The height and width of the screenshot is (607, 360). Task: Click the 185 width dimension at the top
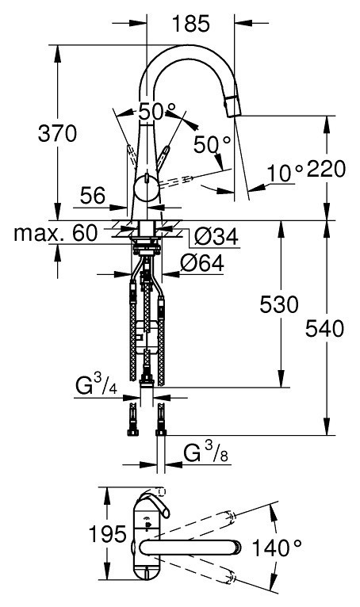coord(190,24)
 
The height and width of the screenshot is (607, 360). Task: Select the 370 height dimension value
coord(57,134)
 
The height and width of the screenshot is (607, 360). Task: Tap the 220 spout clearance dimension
coord(326,169)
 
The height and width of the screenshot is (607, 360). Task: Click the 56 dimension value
coord(93,196)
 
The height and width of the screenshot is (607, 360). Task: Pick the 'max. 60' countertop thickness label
coord(56,234)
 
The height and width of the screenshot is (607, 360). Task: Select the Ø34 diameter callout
coord(216,236)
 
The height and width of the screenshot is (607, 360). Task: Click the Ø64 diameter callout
coord(202,264)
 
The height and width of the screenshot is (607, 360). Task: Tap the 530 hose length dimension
coord(279,304)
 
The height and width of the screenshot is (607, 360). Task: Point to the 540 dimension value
coord(325,329)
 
